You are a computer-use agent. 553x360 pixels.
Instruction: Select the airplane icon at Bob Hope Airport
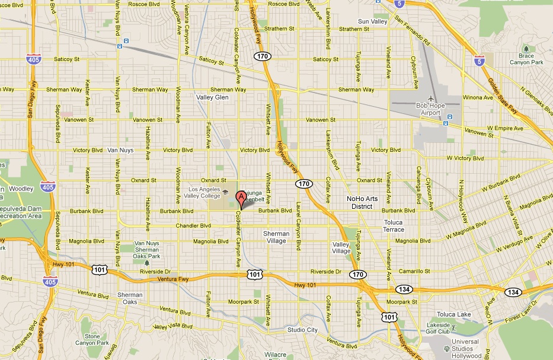pyautogui.click(x=431, y=98)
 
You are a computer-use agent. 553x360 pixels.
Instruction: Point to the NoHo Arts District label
pyautogui.click(x=359, y=202)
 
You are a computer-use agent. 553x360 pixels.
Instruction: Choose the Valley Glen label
pyautogui.click(x=213, y=97)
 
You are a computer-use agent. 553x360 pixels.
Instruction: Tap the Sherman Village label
pyautogui.click(x=276, y=237)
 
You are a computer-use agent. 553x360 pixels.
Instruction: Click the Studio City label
pyautogui.click(x=302, y=330)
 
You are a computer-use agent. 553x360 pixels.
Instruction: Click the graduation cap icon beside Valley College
pyautogui.click(x=225, y=192)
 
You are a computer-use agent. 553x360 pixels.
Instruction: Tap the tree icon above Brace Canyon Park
pyautogui.click(x=525, y=49)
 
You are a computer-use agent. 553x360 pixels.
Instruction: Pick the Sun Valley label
pyautogui.click(x=372, y=21)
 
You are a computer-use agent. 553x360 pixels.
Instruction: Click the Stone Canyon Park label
pyautogui.click(x=96, y=339)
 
